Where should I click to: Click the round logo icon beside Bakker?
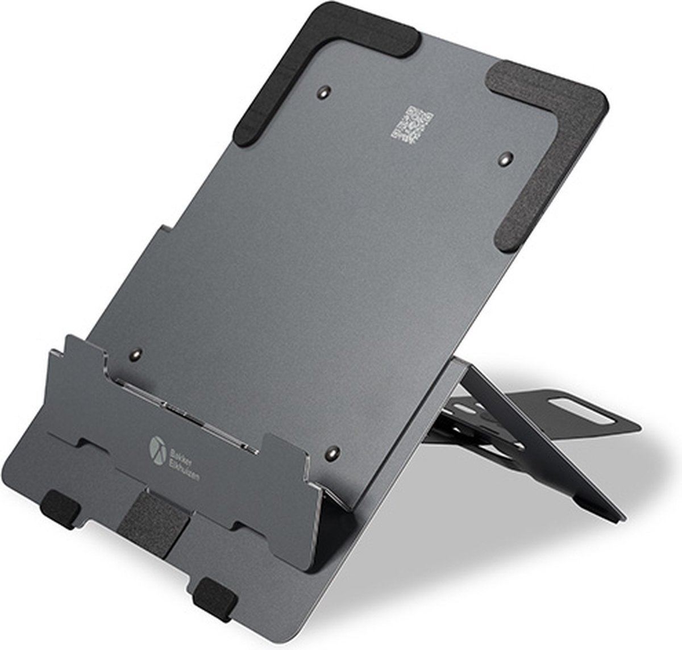click(x=157, y=447)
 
